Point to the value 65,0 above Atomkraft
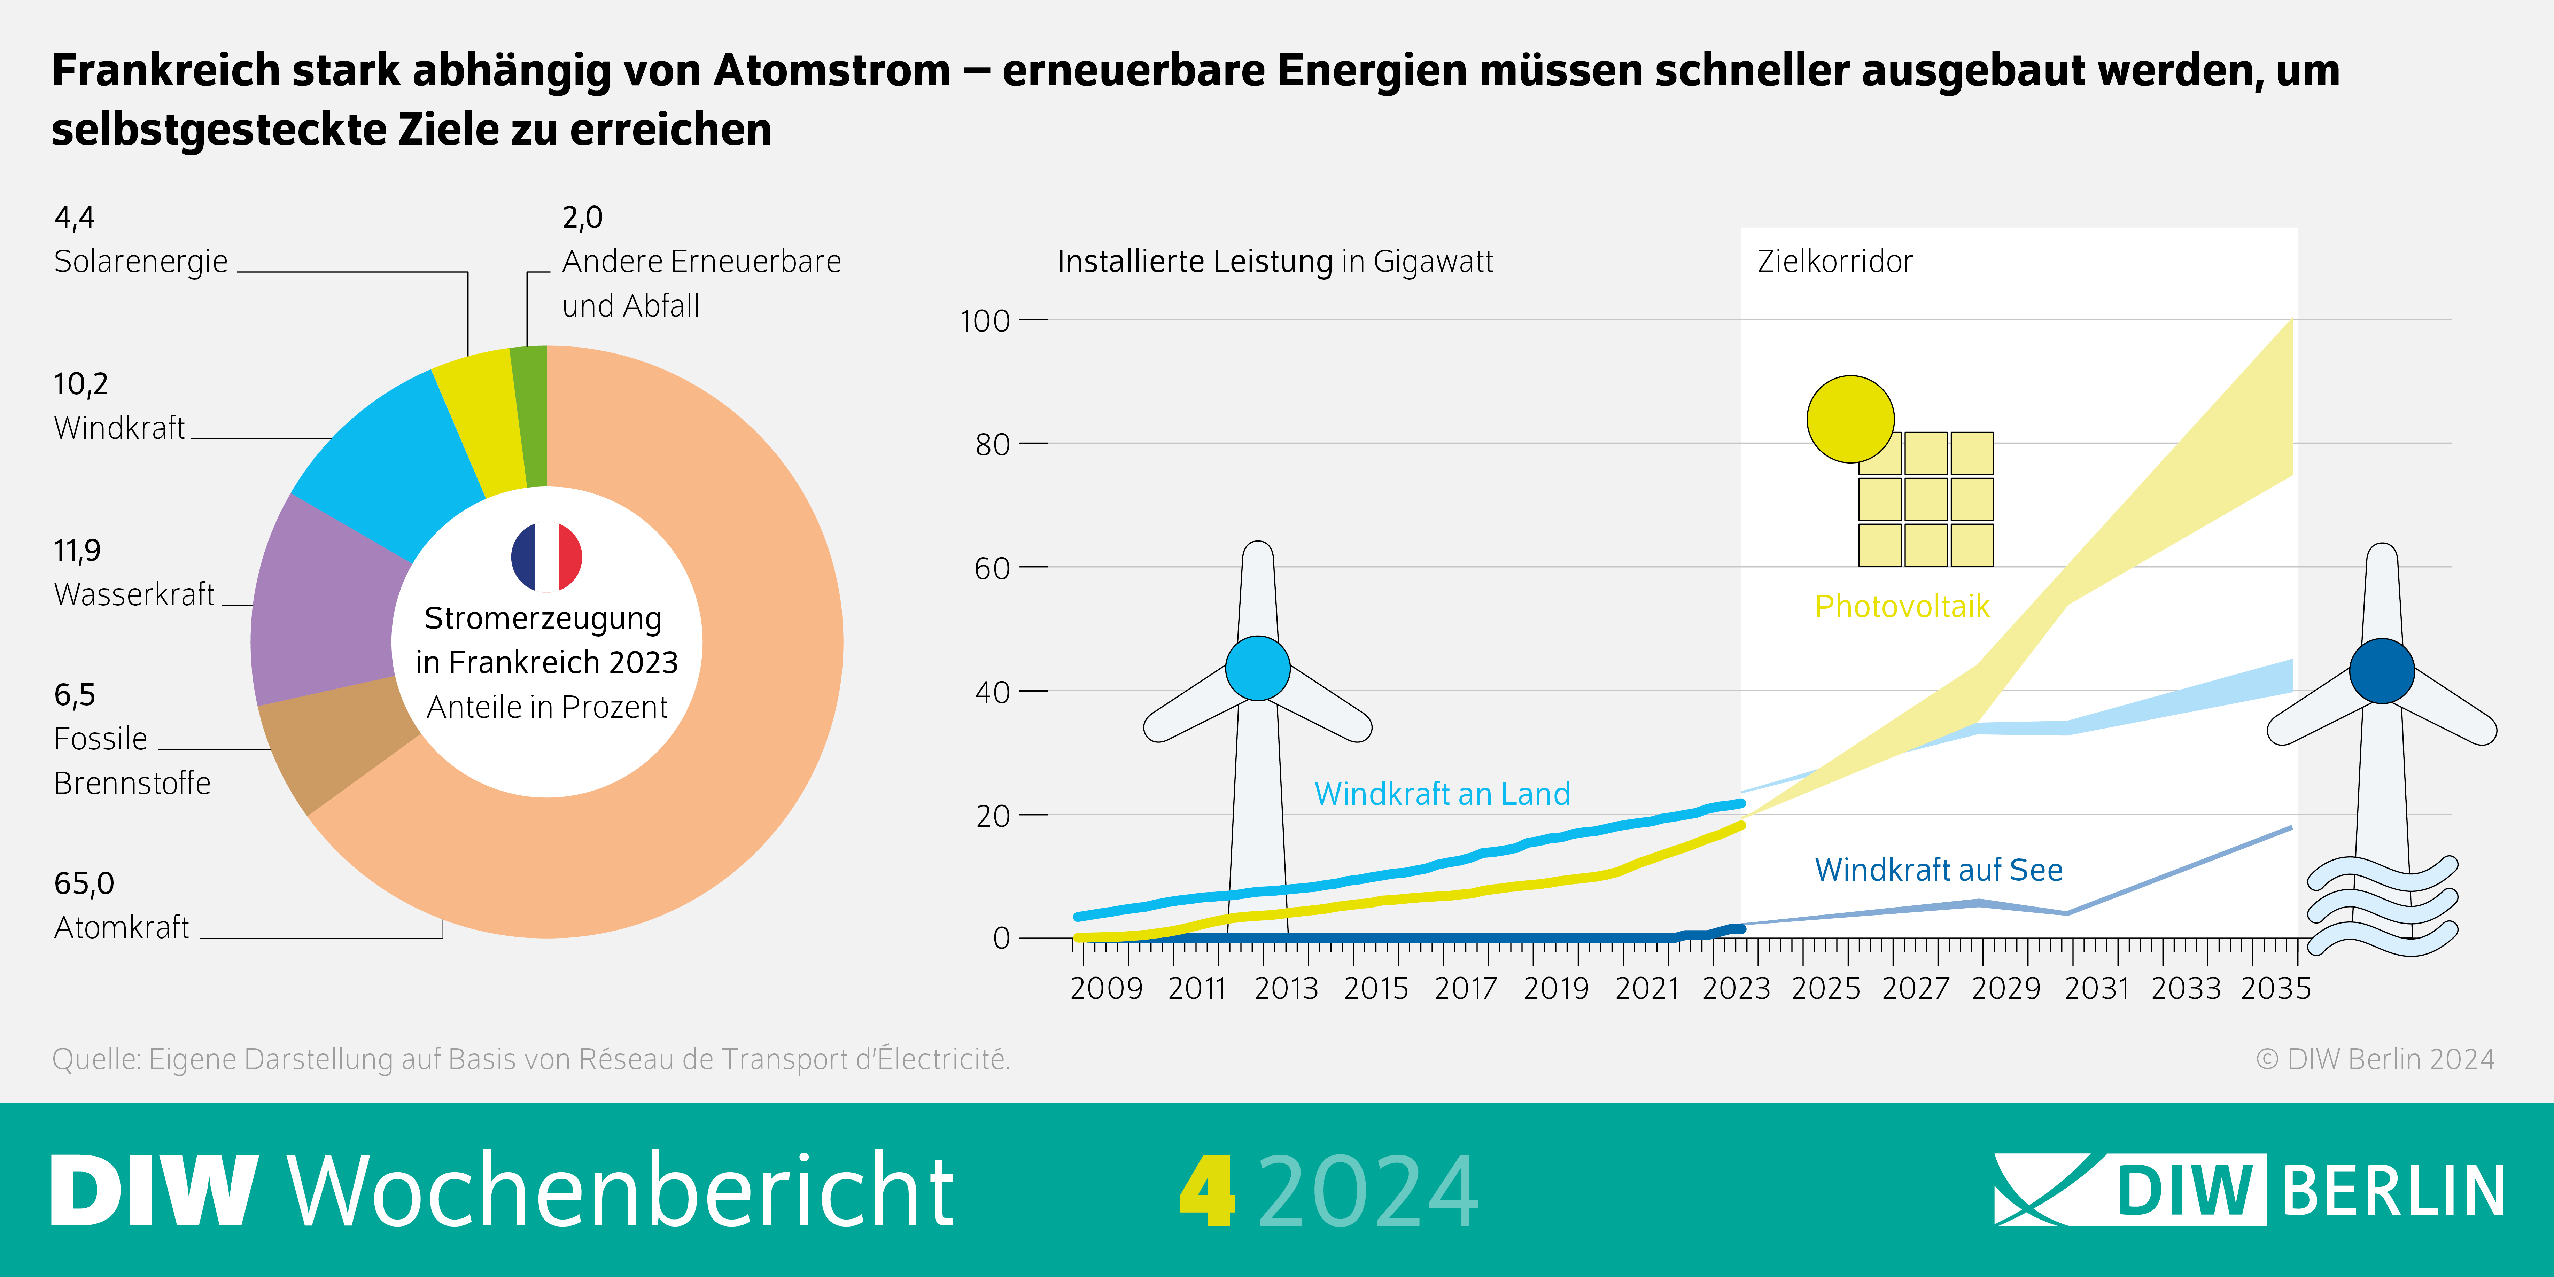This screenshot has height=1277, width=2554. tap(84, 882)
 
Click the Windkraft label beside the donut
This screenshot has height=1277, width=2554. tap(119, 427)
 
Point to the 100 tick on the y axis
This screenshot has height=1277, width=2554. tap(985, 320)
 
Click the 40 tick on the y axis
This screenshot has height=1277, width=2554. tap(992, 691)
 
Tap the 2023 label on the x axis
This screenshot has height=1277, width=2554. tap(1736, 989)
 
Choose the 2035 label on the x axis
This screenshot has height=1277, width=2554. tap(2275, 989)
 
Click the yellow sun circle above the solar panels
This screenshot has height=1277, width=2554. tap(1850, 418)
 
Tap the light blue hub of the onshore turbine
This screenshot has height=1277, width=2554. tap(1257, 668)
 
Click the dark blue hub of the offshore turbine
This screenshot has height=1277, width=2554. tap(2382, 671)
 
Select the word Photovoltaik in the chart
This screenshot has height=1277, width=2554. tap(1902, 606)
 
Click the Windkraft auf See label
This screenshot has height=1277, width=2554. tap(1938, 870)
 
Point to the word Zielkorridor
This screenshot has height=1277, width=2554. tap(1834, 261)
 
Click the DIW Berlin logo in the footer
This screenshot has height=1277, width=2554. tap(2249, 1190)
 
